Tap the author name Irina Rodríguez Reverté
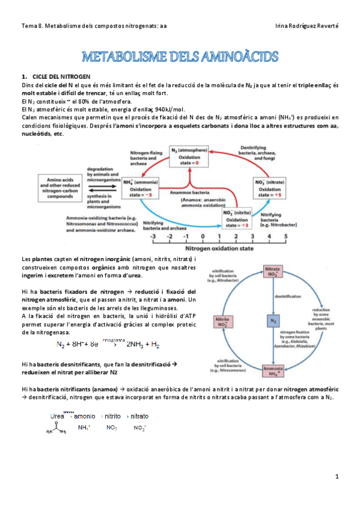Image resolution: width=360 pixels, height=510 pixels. point(306,25)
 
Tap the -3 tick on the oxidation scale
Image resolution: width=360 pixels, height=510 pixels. point(154,236)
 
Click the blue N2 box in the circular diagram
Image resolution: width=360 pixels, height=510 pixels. point(273,322)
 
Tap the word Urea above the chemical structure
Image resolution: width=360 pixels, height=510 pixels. point(58,416)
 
